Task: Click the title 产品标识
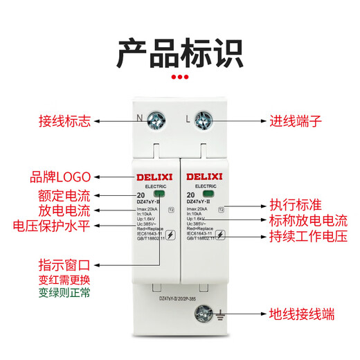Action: pyautogui.click(x=179, y=53)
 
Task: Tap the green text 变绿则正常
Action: pyautogui.click(x=64, y=293)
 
